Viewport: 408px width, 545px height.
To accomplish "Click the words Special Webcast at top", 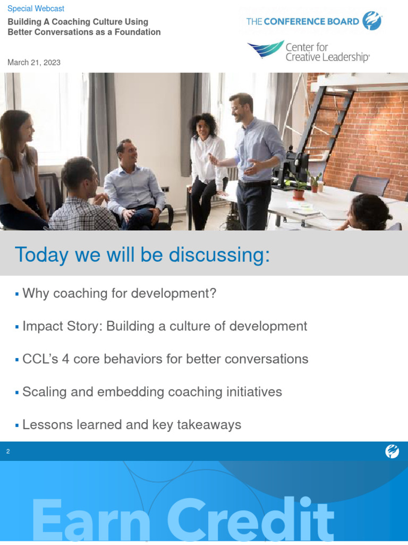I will pyautogui.click(x=36, y=9).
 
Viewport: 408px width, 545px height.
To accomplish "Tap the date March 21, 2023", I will pyautogui.click(x=34, y=63).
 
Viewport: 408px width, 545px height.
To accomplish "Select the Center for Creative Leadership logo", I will pyautogui.click(x=308, y=52).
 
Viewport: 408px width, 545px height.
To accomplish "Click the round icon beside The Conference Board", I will pyautogui.click(x=372, y=22).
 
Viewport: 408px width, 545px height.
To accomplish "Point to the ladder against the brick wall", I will pyautogui.click(x=329, y=122).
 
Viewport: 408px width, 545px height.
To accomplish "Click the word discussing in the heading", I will pyautogui.click(x=219, y=255).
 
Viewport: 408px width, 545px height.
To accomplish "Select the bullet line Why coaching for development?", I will pyautogui.click(x=119, y=293).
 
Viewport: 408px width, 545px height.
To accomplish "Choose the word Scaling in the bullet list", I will pyautogui.click(x=44, y=392).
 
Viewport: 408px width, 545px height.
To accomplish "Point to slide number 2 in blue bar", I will pyautogui.click(x=8, y=452).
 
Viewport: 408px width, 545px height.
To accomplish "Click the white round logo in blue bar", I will pyautogui.click(x=392, y=452).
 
